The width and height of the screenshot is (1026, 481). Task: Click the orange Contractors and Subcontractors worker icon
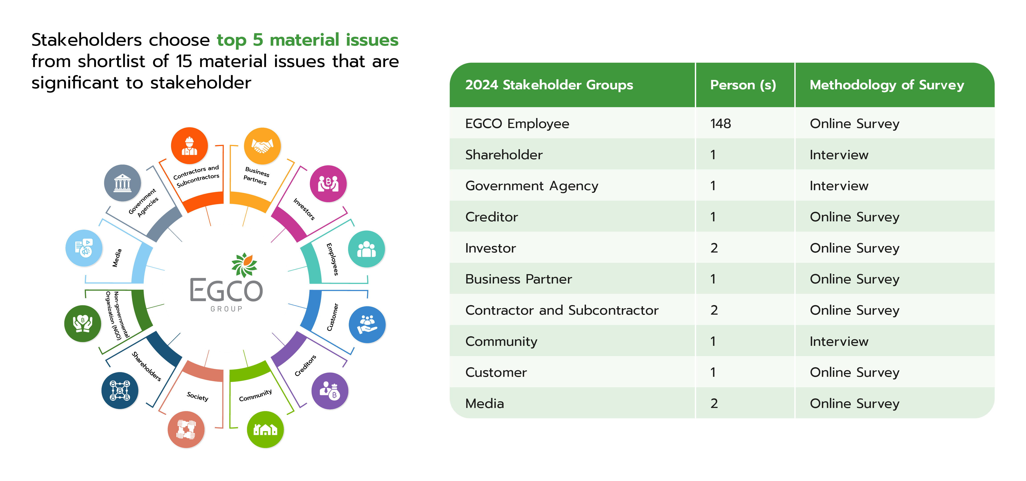190,146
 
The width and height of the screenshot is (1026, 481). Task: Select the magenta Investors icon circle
328,184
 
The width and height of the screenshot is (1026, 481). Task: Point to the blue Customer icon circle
367,325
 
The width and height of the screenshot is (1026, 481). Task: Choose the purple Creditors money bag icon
330,391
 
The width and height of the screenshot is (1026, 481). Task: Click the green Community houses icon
265,430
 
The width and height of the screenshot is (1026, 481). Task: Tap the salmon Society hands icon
186,430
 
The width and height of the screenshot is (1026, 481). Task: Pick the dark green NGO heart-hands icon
83,324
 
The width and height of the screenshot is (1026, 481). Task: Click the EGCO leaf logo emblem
244,265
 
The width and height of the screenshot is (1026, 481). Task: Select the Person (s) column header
743,85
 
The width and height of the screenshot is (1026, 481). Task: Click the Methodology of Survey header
887,85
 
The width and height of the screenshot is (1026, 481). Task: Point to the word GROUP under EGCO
226,309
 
